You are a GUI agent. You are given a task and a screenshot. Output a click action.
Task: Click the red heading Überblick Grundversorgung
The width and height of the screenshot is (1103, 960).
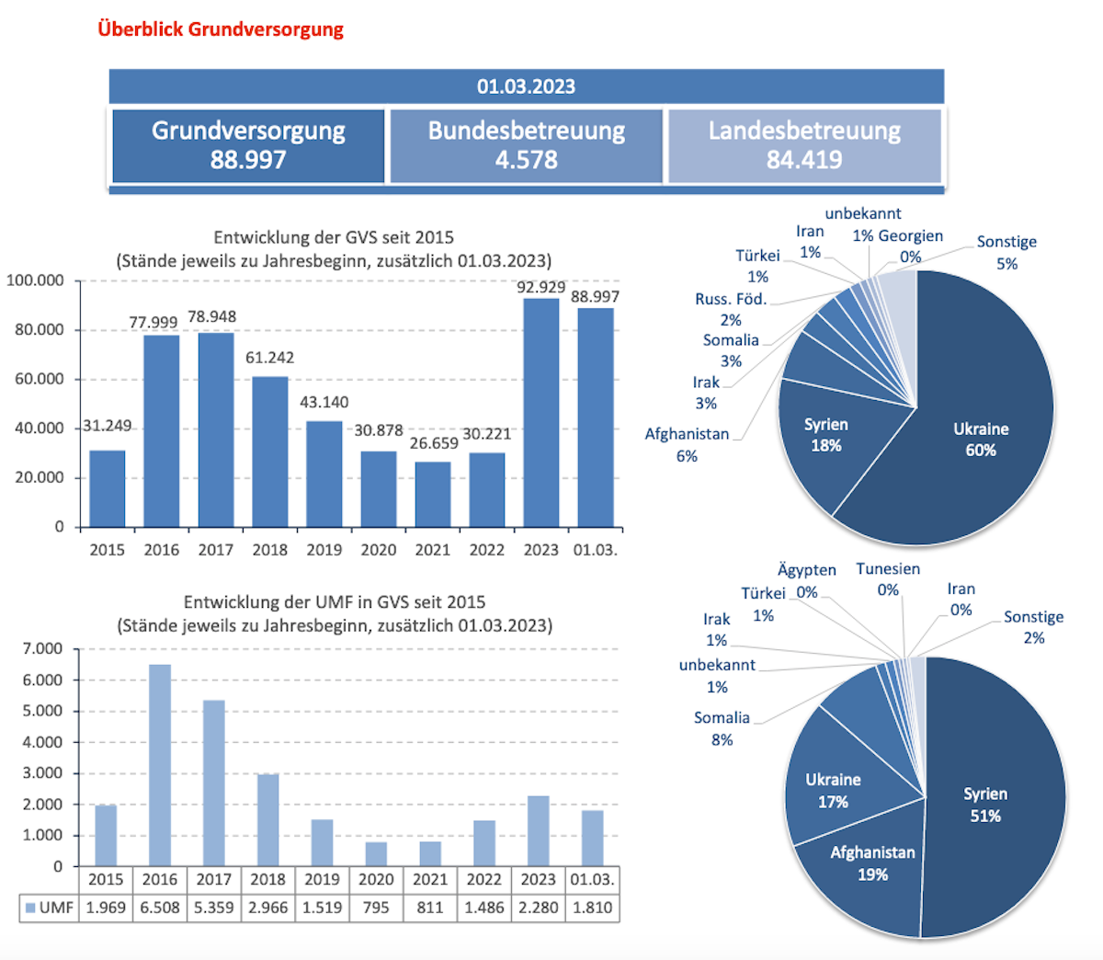(x=221, y=29)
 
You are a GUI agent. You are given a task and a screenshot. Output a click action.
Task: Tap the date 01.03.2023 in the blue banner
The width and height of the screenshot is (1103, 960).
(x=526, y=86)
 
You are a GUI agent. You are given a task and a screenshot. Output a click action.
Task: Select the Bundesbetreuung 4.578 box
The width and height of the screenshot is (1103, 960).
(x=526, y=145)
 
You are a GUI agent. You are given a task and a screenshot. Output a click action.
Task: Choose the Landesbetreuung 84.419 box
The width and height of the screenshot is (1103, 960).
(x=804, y=145)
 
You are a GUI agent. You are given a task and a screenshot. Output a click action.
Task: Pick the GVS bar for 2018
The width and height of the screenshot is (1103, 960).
(x=269, y=451)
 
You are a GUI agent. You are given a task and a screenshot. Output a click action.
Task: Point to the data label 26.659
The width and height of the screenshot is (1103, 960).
(x=434, y=443)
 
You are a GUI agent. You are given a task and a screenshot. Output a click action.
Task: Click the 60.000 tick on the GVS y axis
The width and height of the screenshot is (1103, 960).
(x=40, y=379)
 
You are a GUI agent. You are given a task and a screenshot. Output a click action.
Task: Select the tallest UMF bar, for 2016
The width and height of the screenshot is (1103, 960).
(x=160, y=763)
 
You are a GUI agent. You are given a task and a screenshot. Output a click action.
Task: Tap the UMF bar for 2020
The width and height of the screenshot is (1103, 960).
(x=376, y=853)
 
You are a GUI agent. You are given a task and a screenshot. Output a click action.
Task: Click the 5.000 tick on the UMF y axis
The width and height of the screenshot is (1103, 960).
(x=43, y=711)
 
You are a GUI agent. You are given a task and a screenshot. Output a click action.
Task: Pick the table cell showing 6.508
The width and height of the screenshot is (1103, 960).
(x=160, y=908)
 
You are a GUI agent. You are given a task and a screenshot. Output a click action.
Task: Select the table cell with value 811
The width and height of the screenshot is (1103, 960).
(x=430, y=908)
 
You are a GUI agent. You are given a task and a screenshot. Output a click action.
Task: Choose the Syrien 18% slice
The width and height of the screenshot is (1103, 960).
(x=824, y=435)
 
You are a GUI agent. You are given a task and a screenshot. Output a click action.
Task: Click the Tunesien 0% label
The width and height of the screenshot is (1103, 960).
(x=888, y=579)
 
